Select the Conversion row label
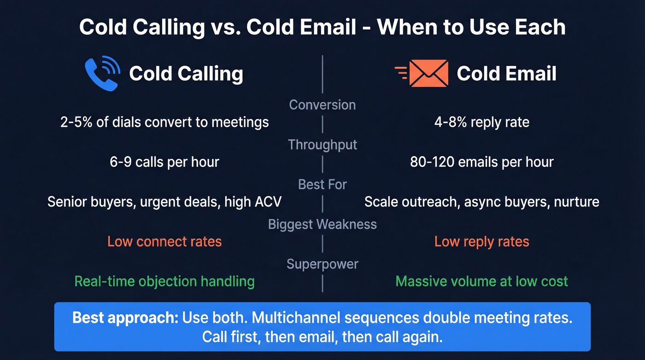(x=322, y=105)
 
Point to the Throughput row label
(x=322, y=145)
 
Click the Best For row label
(x=322, y=184)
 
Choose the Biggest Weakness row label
(x=322, y=224)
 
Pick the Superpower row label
(x=322, y=264)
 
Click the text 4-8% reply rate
(x=482, y=122)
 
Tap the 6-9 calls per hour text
(x=164, y=162)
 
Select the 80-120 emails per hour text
(x=482, y=162)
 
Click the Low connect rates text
(x=164, y=242)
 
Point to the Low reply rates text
(x=482, y=242)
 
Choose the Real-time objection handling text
(x=164, y=281)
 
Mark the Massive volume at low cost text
(x=482, y=281)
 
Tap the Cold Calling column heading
(x=186, y=74)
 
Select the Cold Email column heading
(x=507, y=74)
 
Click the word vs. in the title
(x=226, y=28)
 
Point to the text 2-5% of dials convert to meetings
(x=164, y=122)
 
